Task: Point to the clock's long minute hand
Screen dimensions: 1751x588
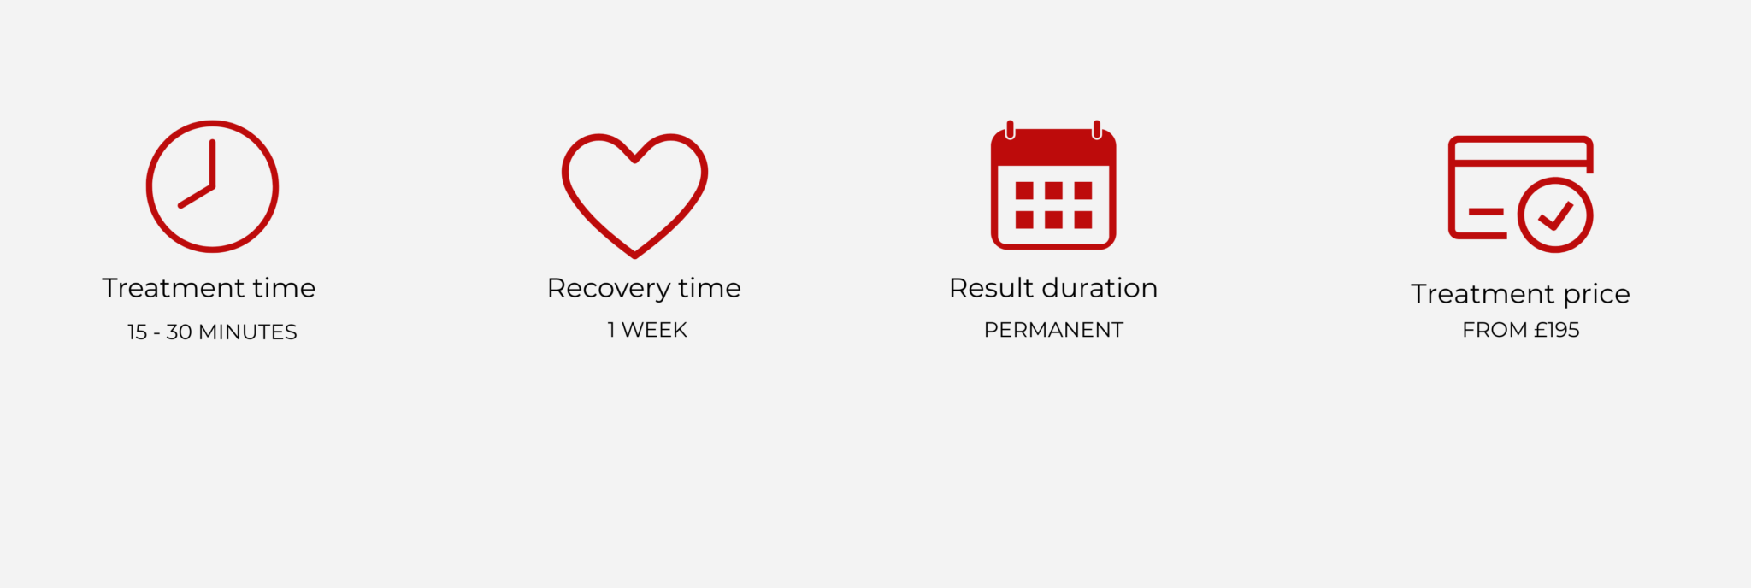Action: point(212,163)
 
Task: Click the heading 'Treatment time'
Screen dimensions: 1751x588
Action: point(209,288)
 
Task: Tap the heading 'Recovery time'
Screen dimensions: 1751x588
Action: point(644,289)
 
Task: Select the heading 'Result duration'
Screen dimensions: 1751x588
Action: point(1053,288)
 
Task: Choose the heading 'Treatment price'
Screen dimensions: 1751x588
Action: point(1520,294)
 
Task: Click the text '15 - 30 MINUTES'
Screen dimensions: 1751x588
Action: point(212,332)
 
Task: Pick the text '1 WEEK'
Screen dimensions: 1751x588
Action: point(647,330)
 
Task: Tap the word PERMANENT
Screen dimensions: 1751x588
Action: point(1053,330)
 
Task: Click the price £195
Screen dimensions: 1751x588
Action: point(1556,330)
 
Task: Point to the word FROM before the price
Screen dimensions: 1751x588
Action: point(1495,330)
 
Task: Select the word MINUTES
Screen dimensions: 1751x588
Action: point(248,332)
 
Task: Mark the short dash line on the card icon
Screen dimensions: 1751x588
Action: point(1485,211)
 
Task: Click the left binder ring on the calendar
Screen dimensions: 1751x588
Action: point(1010,130)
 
